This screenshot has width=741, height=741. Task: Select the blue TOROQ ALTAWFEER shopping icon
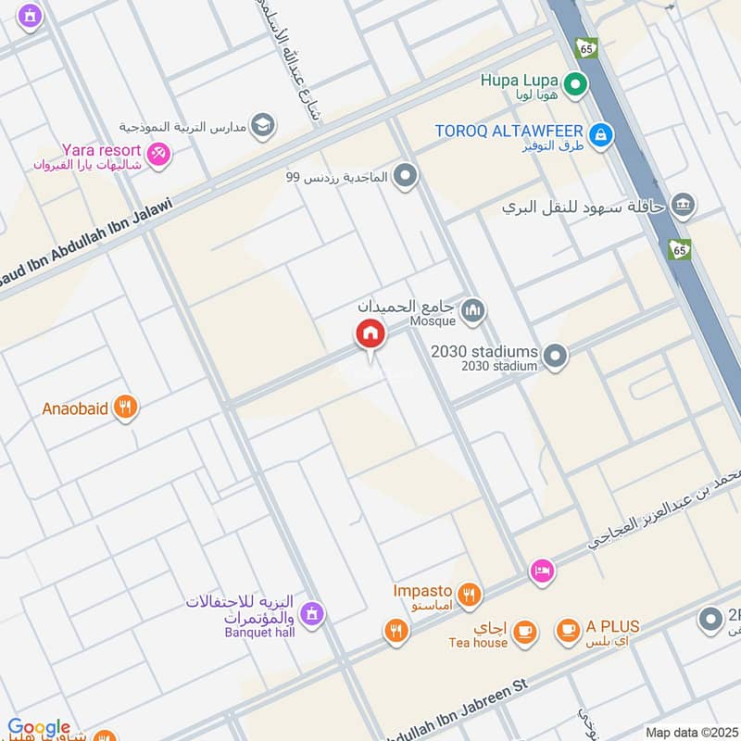[x=602, y=133]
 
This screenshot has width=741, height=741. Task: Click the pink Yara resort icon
[x=158, y=154]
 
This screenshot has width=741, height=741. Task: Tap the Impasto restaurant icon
[x=470, y=594]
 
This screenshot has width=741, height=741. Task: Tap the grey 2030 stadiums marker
[x=555, y=355]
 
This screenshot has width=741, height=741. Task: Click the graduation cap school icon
[x=263, y=125]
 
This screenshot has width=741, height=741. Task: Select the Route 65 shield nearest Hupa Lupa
[x=585, y=47]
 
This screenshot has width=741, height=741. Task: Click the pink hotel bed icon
[x=542, y=571]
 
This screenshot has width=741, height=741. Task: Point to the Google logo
[x=39, y=728]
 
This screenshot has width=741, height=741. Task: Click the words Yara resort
[x=101, y=149]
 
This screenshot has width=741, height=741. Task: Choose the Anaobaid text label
[x=76, y=408]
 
